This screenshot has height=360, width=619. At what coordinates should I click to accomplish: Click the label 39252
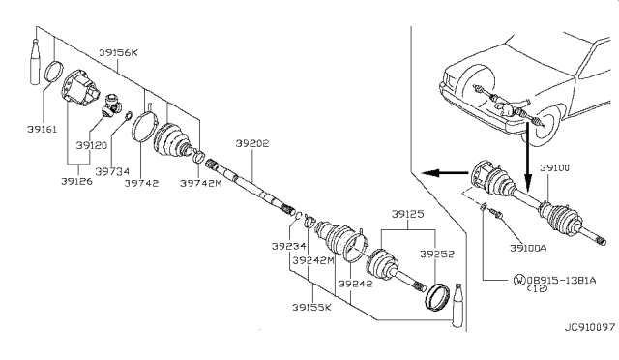435,253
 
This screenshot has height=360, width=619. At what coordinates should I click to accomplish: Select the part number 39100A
521,248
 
